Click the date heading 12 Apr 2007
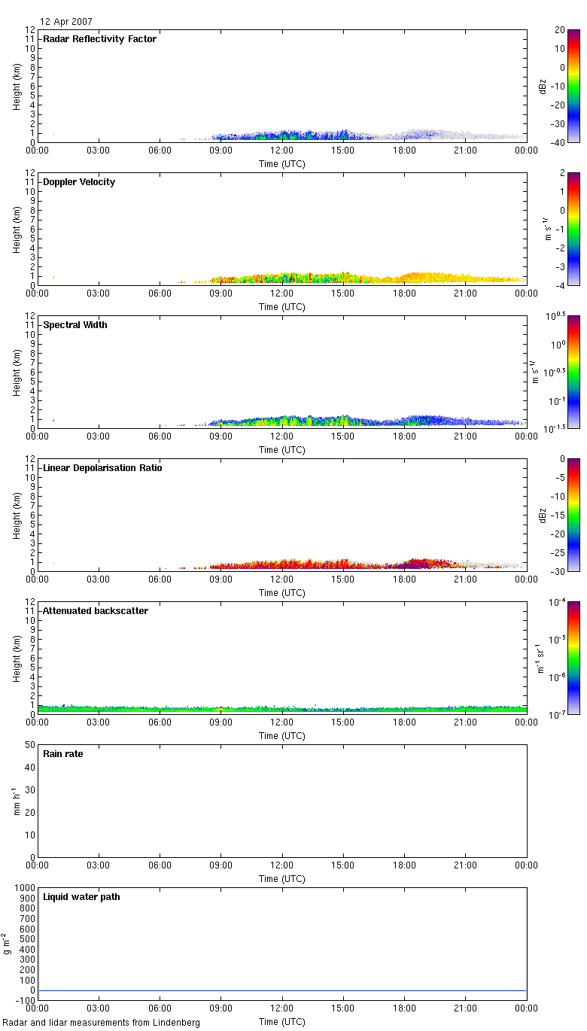67,22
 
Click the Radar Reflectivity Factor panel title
99,39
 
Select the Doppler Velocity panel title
79,182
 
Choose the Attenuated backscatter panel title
96,611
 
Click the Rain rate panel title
63,754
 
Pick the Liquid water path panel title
81,897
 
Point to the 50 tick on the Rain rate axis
31,745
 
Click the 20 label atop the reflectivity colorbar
561,30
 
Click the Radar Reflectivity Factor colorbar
573,86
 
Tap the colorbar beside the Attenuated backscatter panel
573,658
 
